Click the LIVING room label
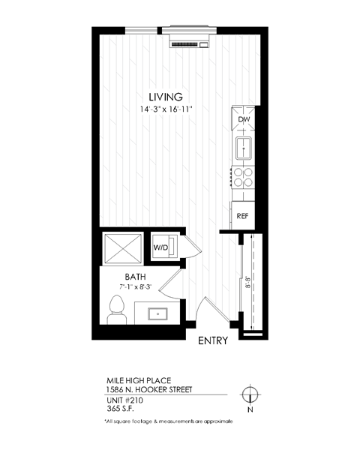[x=165, y=96]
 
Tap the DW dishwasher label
[x=243, y=120]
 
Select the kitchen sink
[x=244, y=149]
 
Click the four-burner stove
[x=243, y=178]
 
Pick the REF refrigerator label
[x=242, y=215]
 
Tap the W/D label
[x=161, y=247]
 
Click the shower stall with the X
[x=123, y=248]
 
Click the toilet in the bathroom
[x=117, y=309]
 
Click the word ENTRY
[x=212, y=341]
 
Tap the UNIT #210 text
[x=124, y=400]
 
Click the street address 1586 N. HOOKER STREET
[x=148, y=389]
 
